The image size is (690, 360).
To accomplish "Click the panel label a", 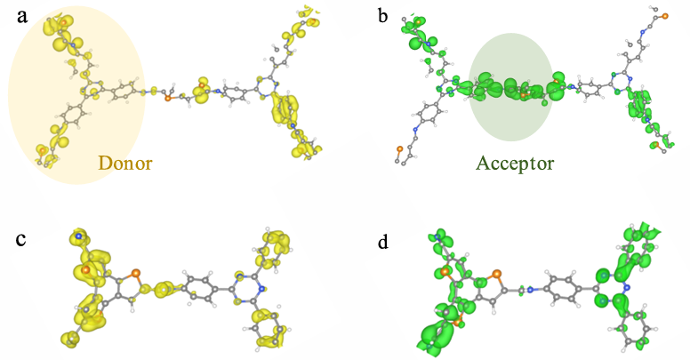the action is tap(22, 17).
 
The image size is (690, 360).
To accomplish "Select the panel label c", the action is tap(21, 240).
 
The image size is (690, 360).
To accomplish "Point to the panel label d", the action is tap(383, 242).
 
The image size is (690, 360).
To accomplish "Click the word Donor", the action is tap(125, 163).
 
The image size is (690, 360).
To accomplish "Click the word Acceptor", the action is tap(515, 164).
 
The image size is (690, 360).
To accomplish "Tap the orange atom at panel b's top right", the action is tap(665, 16).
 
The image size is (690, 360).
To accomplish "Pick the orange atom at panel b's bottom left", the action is tap(399, 149).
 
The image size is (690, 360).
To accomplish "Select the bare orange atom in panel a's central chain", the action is tap(168, 99).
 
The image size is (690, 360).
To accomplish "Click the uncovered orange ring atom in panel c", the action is tap(136, 273).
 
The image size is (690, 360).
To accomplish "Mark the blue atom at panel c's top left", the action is tap(78, 236).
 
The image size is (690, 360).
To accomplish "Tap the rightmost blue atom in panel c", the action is tap(261, 289).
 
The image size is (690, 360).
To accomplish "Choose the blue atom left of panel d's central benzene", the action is tap(530, 290).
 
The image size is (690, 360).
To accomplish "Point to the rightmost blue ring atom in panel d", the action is tap(627, 287).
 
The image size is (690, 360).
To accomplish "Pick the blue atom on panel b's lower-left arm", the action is tap(414, 130).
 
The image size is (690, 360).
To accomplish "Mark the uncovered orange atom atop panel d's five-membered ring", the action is tap(497, 274).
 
